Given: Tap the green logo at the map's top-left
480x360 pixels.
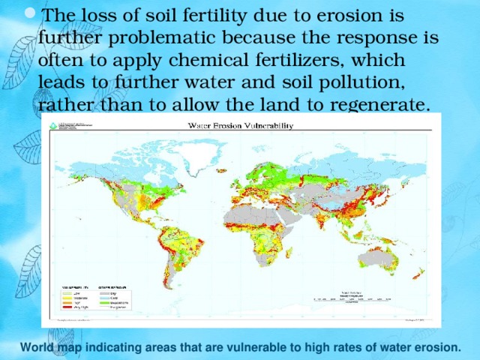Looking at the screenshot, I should pyautogui.click(x=52, y=126).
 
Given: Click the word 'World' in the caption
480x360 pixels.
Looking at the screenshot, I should pyautogui.click(x=37, y=347).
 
